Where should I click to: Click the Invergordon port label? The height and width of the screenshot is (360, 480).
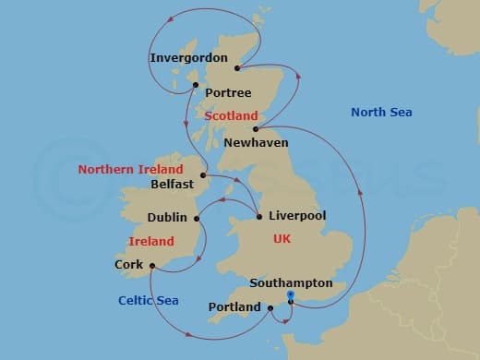[x=188, y=57]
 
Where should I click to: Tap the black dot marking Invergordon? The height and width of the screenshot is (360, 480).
[x=239, y=68]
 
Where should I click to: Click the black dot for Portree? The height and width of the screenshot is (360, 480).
[x=196, y=86]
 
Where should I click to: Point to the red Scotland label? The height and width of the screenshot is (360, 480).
[x=230, y=116]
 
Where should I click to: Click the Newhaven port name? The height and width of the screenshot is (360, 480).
[x=255, y=143]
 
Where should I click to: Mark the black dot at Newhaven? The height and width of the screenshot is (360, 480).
[x=255, y=130]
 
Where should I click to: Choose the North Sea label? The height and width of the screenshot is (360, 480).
[x=381, y=113]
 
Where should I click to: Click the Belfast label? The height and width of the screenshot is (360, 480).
[x=172, y=184]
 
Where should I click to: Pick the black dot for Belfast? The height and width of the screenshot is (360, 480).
[x=204, y=174]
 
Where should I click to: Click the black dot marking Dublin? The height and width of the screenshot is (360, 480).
[x=197, y=218]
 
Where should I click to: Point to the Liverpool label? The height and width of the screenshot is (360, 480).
[x=297, y=217]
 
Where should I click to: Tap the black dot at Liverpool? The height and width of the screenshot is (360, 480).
[x=259, y=218]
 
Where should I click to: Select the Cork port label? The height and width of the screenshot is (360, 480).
[x=129, y=264]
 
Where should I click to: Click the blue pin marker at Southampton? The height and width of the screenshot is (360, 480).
[x=291, y=296]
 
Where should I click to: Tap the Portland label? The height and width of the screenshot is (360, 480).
[x=234, y=306]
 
